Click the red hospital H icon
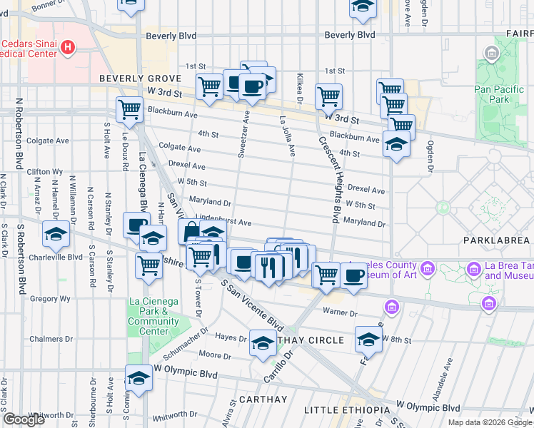pyautogui.click(x=68, y=49)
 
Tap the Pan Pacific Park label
pyautogui.click(x=493, y=94)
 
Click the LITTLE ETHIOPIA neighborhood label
pyautogui.click(x=347, y=409)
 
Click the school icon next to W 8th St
pyautogui.click(x=368, y=339)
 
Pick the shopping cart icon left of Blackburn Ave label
pyautogui.click(x=129, y=109)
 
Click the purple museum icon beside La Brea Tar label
pyautogui.click(x=473, y=269)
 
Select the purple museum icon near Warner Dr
pyautogui.click(x=391, y=307)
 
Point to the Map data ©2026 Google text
pyautogui.click(x=490, y=422)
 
